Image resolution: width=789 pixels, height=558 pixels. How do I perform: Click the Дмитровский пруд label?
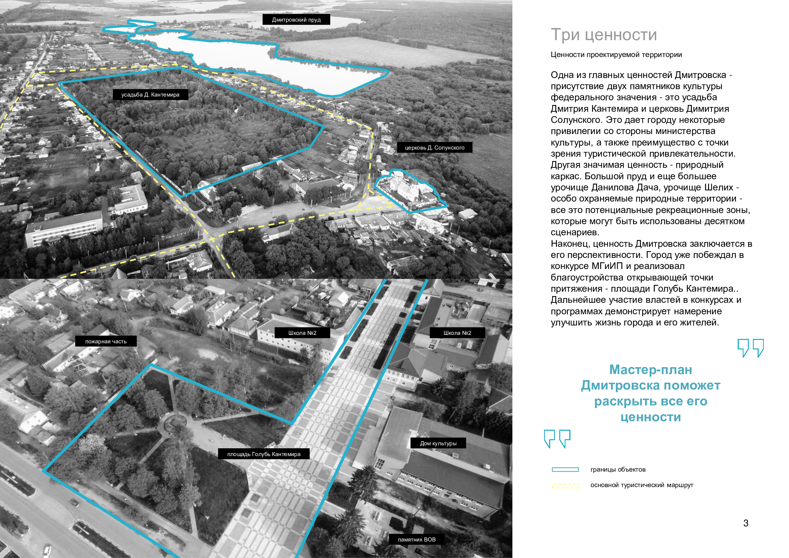point(296,20)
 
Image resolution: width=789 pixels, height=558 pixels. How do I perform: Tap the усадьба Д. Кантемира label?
point(150,95)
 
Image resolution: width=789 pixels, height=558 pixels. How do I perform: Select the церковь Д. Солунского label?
point(435,148)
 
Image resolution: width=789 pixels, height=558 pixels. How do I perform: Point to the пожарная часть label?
point(106,341)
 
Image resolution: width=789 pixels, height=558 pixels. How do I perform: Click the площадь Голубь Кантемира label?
point(264,454)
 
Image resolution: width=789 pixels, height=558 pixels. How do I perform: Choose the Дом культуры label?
point(438,443)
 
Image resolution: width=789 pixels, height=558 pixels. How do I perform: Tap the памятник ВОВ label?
point(417,539)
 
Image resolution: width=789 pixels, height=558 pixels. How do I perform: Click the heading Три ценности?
point(604,35)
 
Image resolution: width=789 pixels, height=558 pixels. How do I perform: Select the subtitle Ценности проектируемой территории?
point(616,55)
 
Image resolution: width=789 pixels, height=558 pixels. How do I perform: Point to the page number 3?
point(746,523)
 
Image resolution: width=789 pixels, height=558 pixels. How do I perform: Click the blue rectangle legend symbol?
point(565,470)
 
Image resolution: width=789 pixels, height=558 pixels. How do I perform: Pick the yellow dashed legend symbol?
point(565,486)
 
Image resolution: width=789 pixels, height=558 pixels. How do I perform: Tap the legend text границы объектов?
point(618,470)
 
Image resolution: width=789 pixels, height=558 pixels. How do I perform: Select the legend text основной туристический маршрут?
point(642,485)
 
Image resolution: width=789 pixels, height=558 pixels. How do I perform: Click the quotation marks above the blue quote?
point(751,348)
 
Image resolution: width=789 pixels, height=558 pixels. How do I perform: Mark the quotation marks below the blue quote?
point(557,439)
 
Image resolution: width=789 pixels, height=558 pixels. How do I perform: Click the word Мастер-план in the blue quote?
point(651,370)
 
